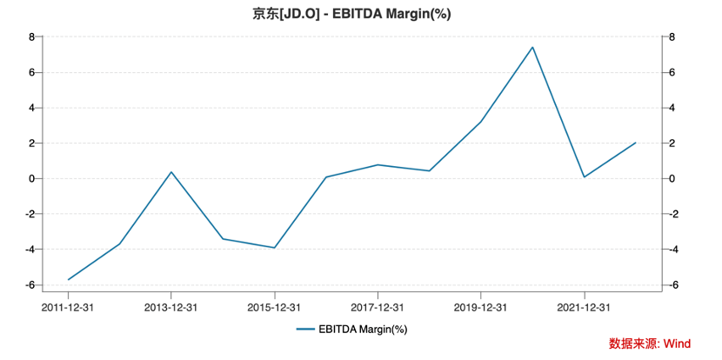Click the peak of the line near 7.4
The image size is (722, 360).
(x=532, y=47)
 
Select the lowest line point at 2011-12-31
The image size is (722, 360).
(x=68, y=279)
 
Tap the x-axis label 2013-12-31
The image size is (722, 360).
(x=170, y=307)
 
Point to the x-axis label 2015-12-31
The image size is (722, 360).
(x=274, y=307)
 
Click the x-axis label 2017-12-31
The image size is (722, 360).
(x=378, y=307)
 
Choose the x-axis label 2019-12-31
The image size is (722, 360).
(x=481, y=307)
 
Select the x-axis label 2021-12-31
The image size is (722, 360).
(x=584, y=307)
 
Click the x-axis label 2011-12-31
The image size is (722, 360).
(x=68, y=307)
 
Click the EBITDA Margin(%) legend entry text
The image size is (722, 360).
(x=362, y=329)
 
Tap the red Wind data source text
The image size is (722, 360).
(x=649, y=343)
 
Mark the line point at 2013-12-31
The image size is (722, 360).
(x=170, y=172)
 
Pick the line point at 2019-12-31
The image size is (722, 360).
(x=481, y=122)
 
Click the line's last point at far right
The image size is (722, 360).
(x=636, y=143)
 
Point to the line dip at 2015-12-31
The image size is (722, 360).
(x=274, y=248)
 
